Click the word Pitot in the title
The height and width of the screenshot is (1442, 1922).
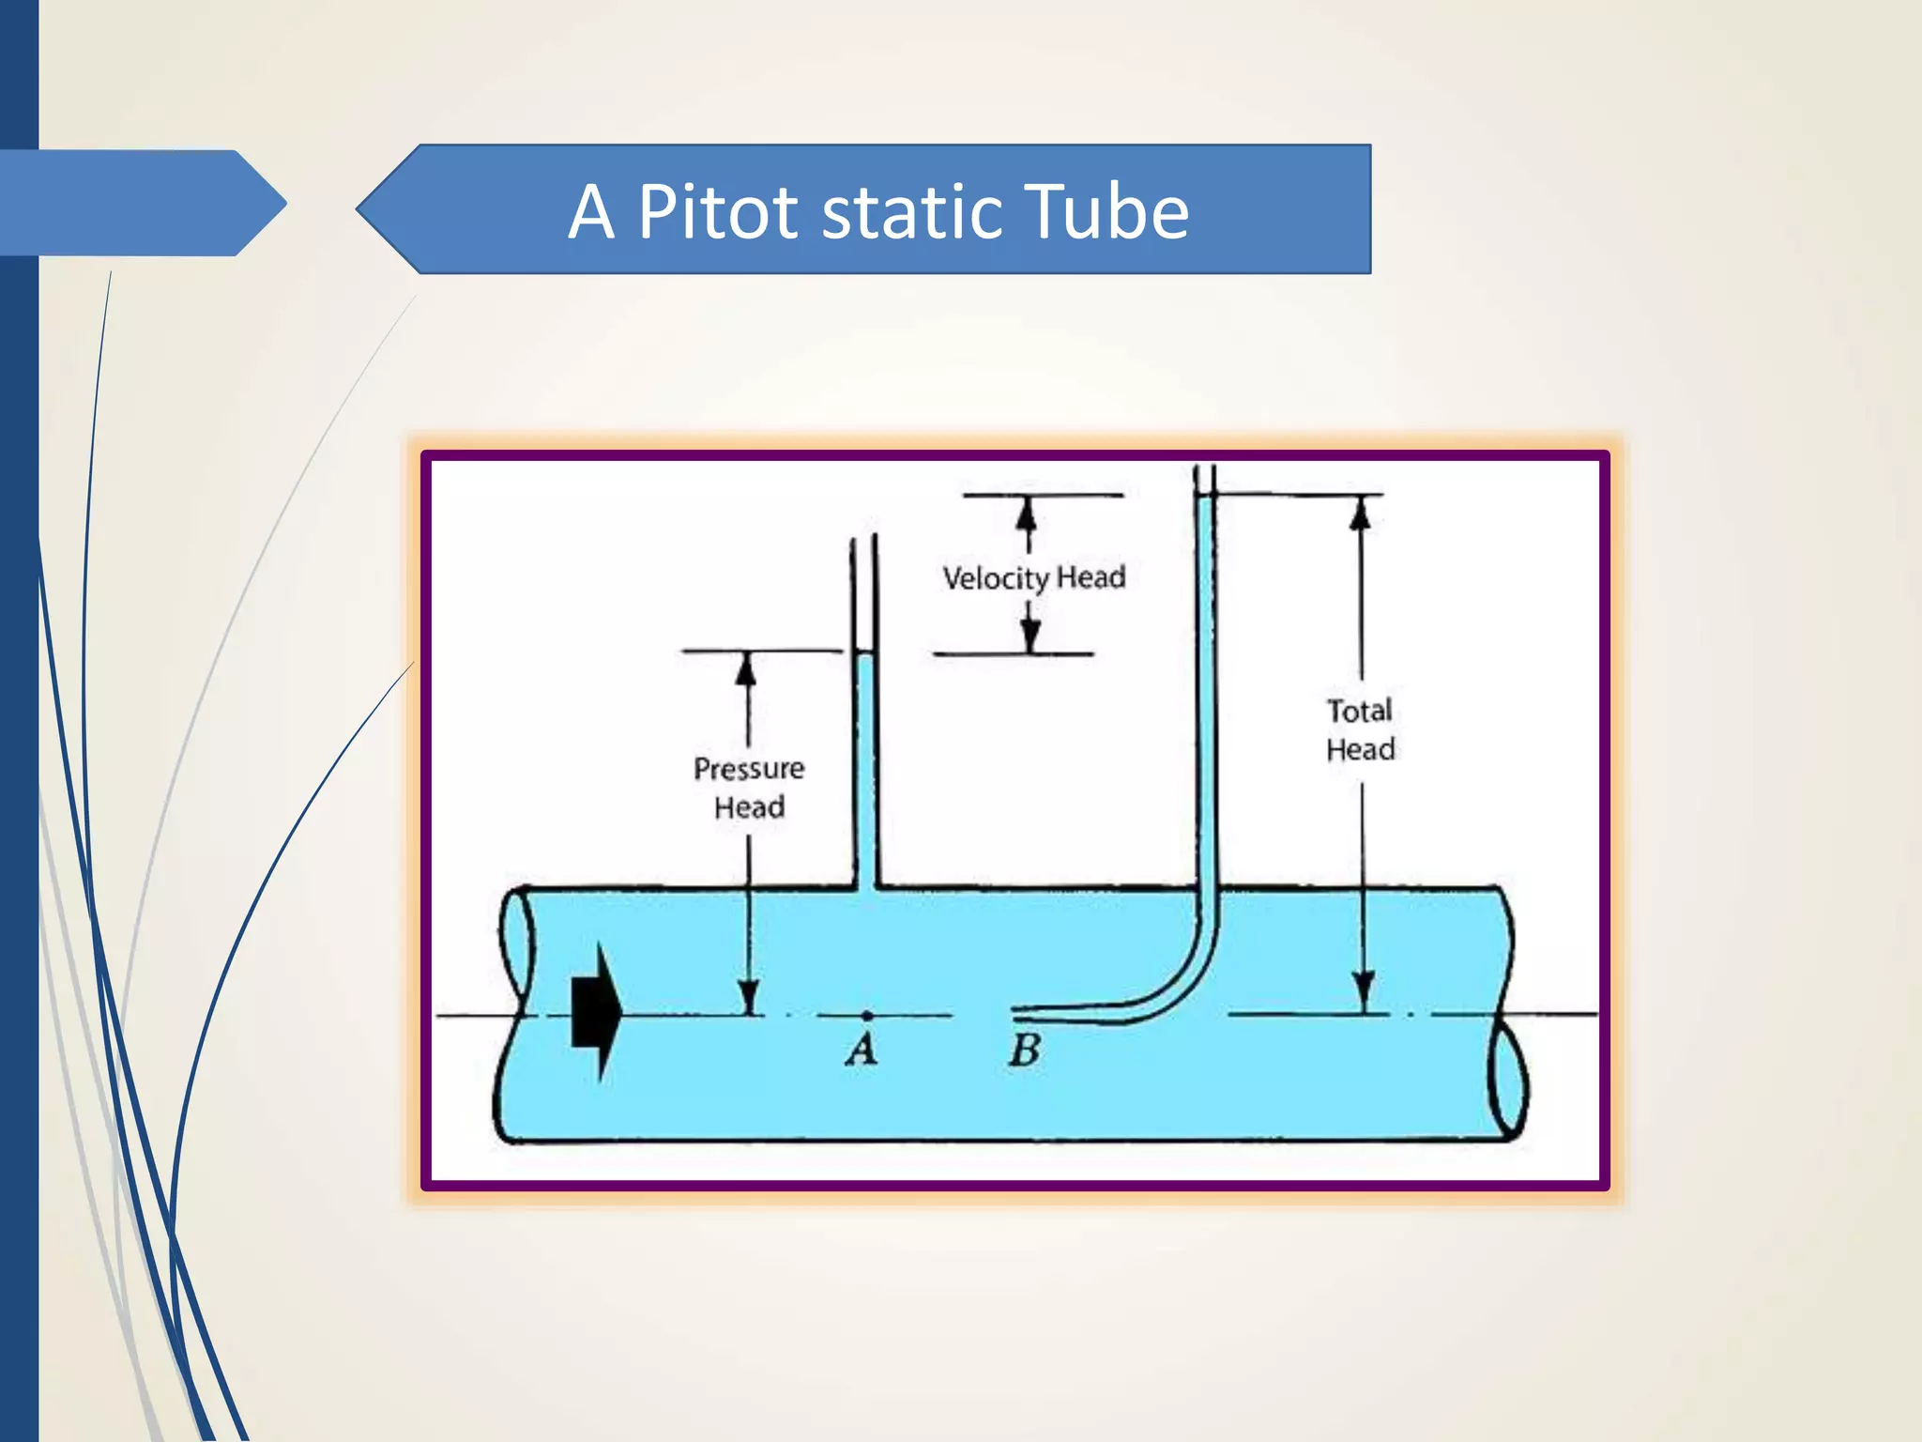718,212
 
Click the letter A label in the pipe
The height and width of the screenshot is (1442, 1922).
862,1049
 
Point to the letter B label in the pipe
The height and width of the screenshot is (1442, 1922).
1024,1050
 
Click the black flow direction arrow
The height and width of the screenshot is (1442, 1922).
597,1013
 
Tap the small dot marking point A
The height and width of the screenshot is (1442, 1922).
867,1016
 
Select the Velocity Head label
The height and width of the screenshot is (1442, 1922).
1033,577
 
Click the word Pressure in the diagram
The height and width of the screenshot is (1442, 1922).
748,769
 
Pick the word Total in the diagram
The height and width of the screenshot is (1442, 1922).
1359,711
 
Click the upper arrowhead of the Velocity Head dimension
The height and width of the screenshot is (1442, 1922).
1027,514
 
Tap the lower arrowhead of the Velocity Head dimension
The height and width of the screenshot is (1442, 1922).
1030,636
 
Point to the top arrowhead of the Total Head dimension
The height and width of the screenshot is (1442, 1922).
1360,514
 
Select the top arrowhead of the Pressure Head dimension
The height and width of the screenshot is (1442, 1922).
746,669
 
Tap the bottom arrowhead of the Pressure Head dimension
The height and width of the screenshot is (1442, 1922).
748,996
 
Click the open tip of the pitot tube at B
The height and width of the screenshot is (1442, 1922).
1015,1013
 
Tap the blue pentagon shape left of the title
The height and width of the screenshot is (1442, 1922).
141,203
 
